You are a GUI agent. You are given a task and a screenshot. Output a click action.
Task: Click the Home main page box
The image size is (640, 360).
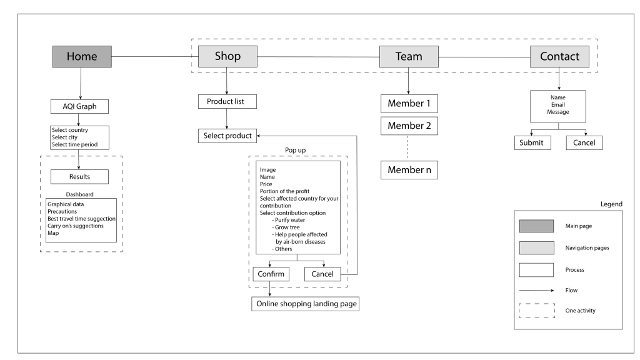point(82,56)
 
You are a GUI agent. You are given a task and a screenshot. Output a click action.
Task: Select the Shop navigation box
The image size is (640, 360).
point(227,56)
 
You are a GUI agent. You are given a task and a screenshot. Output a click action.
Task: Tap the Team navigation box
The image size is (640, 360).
point(409,56)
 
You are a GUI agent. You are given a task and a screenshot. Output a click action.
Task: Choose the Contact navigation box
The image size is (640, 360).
point(559,56)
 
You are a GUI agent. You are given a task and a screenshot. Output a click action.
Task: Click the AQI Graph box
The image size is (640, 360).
point(79,106)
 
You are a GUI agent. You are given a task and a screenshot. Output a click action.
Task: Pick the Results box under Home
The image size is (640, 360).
point(79,177)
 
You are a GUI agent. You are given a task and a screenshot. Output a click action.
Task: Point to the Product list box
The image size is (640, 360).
point(227,102)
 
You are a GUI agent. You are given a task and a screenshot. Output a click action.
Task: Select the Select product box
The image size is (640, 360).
point(227,136)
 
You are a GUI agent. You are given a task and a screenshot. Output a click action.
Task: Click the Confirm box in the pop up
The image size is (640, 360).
point(271,274)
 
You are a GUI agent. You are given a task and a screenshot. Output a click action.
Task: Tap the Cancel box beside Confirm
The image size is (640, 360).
point(322,274)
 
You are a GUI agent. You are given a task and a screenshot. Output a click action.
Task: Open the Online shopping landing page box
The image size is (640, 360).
point(305,304)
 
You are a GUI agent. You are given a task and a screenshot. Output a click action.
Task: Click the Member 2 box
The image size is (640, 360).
point(409,126)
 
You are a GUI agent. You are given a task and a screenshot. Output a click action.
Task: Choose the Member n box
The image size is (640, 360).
point(409,170)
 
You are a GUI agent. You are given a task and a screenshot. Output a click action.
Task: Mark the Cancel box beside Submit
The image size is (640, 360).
point(584,143)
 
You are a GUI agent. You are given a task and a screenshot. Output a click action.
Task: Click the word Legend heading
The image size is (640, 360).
point(611,204)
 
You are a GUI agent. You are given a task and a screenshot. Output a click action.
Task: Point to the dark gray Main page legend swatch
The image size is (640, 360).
point(536,226)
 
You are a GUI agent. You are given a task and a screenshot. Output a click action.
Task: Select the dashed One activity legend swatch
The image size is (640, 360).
point(537,311)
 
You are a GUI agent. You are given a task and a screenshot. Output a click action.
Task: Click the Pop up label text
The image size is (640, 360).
point(295,150)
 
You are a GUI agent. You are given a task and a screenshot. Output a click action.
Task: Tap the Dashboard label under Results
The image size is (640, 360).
point(79,194)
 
